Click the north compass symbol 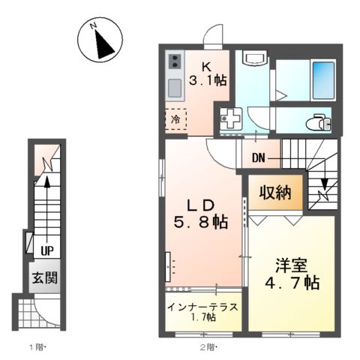pos(100,40)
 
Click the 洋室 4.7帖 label pos(289,274)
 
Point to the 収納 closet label pos(276,192)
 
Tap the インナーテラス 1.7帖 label pos(202,311)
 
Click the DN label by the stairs pos(259,158)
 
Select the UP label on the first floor pos(46,250)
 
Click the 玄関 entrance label pos(45,278)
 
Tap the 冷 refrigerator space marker pos(175,119)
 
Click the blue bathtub pos(323,77)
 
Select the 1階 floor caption pos(37,346)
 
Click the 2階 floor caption pos(208,346)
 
